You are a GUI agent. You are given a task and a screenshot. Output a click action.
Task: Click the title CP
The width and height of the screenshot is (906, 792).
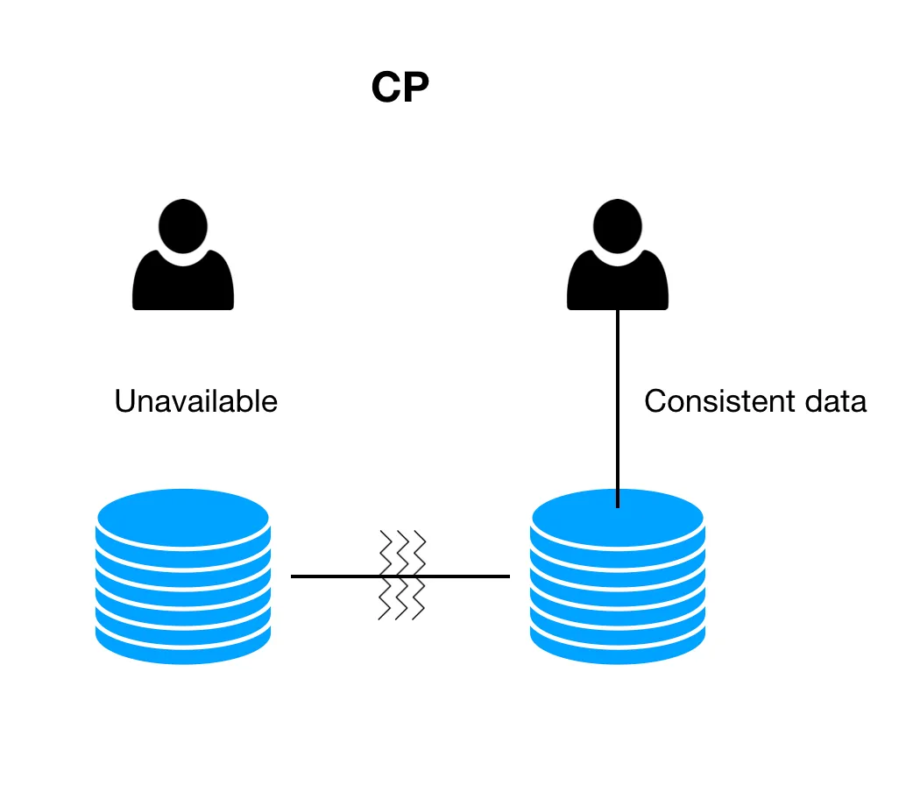tap(400, 88)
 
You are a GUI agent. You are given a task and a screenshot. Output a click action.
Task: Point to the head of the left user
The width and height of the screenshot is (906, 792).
tap(183, 225)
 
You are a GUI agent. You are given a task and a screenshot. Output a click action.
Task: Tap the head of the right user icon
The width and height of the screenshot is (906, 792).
tap(618, 225)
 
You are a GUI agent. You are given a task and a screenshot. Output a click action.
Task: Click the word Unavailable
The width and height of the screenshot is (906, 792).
tap(195, 401)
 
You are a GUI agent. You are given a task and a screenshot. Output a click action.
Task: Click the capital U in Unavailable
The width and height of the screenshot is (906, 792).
tap(124, 401)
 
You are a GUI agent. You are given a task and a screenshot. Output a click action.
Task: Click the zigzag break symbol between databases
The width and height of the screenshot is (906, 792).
tap(402, 575)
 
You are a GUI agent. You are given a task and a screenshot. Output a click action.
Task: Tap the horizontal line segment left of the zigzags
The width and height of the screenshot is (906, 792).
tap(333, 576)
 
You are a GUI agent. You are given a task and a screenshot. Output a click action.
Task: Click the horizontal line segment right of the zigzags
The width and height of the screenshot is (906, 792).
tap(469, 576)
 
